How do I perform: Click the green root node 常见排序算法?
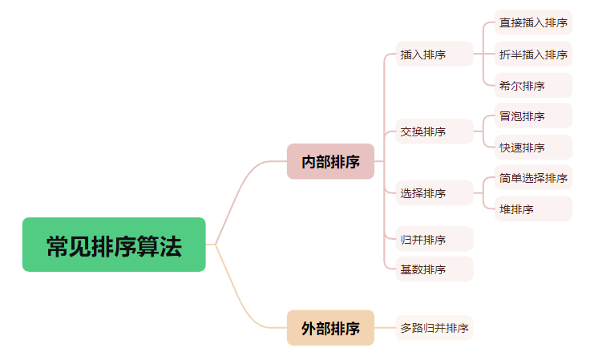(114, 245)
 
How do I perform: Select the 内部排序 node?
(330, 161)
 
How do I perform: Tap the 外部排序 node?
(330, 327)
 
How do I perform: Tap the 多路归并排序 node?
(434, 327)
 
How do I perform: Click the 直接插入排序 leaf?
(533, 22)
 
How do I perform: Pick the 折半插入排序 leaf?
(533, 54)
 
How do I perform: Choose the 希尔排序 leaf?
(533, 85)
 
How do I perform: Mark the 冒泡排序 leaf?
(533, 115)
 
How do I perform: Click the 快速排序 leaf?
(533, 147)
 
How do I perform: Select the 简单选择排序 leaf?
(533, 177)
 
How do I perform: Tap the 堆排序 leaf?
(533, 208)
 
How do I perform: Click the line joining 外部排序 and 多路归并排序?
(386, 327)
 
